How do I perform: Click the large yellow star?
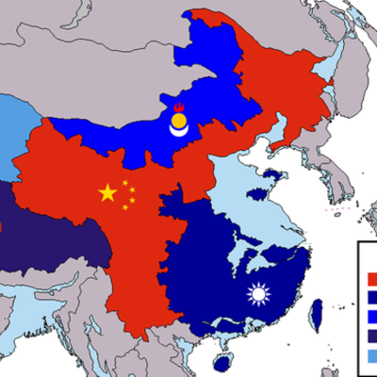107,193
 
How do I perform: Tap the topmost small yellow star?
124,182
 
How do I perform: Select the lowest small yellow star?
125,207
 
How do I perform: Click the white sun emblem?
257,295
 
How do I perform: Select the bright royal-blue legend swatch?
370,317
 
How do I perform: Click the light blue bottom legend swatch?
370,355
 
